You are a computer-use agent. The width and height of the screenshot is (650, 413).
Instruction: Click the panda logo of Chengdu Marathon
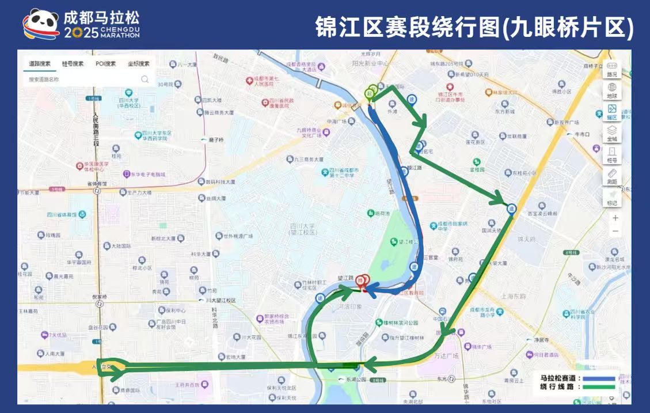pyautogui.click(x=41, y=24)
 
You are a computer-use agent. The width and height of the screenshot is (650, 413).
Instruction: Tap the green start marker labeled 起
pyautogui.click(x=370, y=93)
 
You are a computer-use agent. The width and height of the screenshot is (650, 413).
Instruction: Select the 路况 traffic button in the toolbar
pyautogui.click(x=611, y=69)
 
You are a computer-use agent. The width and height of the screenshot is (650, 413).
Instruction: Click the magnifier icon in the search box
pyautogui.click(x=145, y=79)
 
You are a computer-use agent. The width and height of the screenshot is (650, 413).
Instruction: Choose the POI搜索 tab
pyautogui.click(x=105, y=64)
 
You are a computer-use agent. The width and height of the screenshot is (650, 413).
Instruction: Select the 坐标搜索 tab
pyautogui.click(x=138, y=64)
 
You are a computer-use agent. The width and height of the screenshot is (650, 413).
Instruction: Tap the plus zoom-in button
pyautogui.click(x=615, y=218)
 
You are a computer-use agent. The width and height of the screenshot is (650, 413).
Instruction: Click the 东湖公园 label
pyautogui.click(x=356, y=380)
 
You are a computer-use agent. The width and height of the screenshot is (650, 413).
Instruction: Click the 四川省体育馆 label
pyautogui.click(x=61, y=214)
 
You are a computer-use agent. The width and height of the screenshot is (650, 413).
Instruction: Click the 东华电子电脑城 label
pyautogui.click(x=146, y=174)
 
